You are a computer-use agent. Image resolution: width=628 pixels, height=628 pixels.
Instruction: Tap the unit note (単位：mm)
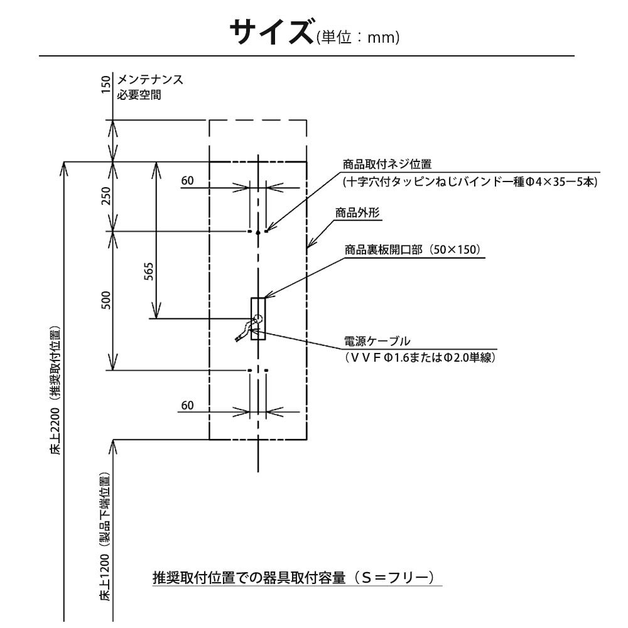pos(356,38)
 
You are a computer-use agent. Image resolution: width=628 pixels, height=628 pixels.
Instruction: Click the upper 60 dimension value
pos(188,181)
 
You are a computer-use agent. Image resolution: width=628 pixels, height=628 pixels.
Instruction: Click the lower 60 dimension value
pos(188,406)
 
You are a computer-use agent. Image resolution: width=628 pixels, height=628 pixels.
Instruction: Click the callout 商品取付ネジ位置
pos(387,165)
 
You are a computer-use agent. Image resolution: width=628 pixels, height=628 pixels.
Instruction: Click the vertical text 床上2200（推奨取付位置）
pos(56,389)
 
